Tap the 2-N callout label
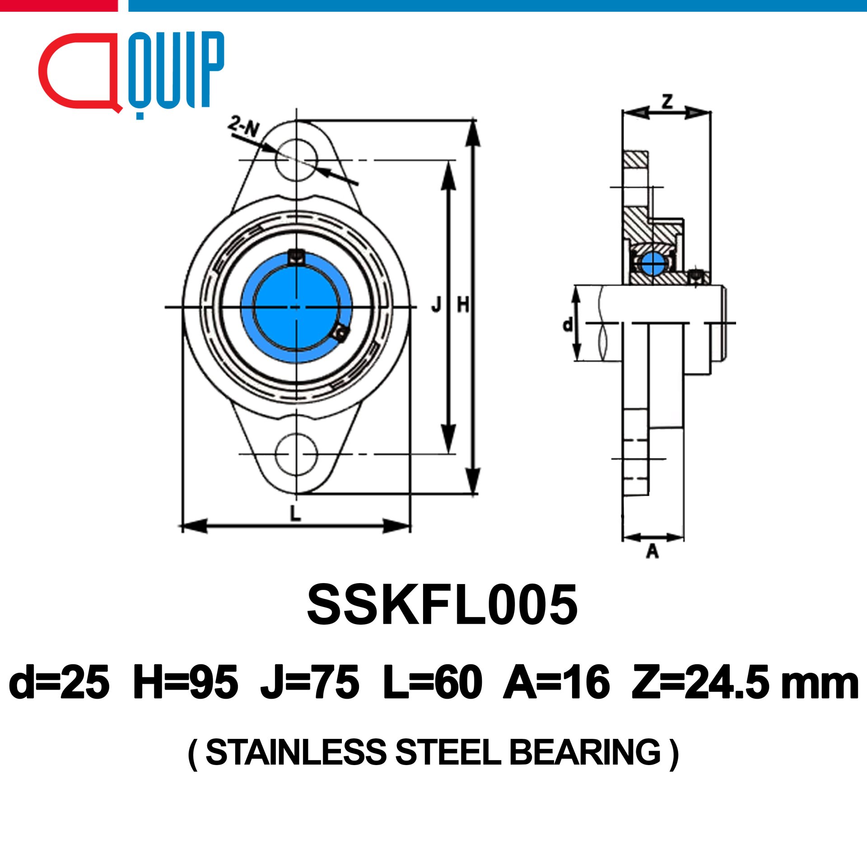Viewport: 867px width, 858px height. tap(244, 126)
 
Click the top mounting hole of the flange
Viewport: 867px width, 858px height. tap(296, 160)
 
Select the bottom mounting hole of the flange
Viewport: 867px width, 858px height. tap(296, 454)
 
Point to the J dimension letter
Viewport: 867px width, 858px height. tap(436, 306)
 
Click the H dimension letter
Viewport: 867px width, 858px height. tap(463, 306)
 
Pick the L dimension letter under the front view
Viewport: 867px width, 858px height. tap(295, 513)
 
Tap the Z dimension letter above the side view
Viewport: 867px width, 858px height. tap(667, 101)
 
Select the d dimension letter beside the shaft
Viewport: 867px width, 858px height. tap(568, 324)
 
